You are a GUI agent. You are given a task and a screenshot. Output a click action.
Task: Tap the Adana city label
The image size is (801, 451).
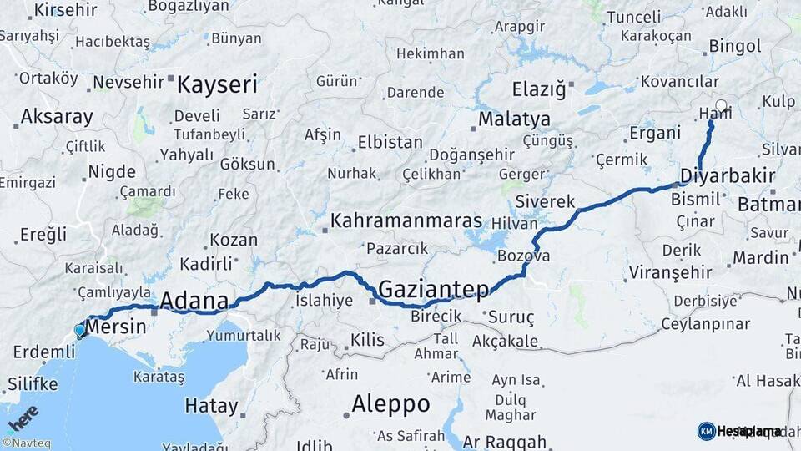pyautogui.click(x=194, y=300)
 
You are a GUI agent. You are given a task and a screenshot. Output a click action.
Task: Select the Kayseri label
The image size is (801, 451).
pyautogui.click(x=217, y=84)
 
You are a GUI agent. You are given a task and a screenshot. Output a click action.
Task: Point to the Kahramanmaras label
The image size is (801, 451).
pyautogui.click(x=406, y=221)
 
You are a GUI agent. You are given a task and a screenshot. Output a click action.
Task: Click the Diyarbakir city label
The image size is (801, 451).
pyautogui.click(x=727, y=176)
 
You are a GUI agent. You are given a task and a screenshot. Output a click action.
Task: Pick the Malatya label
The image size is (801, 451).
pyautogui.click(x=514, y=119)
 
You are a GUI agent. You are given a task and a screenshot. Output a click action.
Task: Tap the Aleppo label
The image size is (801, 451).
pyautogui.click(x=390, y=404)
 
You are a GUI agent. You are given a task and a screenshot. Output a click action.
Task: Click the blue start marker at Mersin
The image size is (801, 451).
pyautogui.click(x=80, y=330)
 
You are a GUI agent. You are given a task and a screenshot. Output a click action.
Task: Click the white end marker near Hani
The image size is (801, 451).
pyautogui.click(x=721, y=106)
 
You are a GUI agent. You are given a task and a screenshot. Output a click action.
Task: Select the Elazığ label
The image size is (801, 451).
pyautogui.click(x=538, y=88)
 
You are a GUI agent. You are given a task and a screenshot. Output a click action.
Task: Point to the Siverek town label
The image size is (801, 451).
pyautogui.click(x=546, y=201)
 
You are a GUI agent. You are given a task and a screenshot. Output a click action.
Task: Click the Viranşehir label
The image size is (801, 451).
pyautogui.click(x=670, y=272)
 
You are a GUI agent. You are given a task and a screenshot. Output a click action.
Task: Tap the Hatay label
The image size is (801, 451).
pyautogui.click(x=211, y=408)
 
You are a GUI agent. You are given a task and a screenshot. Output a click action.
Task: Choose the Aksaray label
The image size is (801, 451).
pyautogui.click(x=56, y=116)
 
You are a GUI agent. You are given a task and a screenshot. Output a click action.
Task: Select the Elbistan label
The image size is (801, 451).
pyautogui.click(x=390, y=142)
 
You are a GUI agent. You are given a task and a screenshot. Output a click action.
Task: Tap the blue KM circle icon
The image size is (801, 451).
pyautogui.click(x=706, y=431)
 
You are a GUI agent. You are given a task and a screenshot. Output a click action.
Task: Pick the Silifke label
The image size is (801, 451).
pyautogui.click(x=33, y=384)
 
